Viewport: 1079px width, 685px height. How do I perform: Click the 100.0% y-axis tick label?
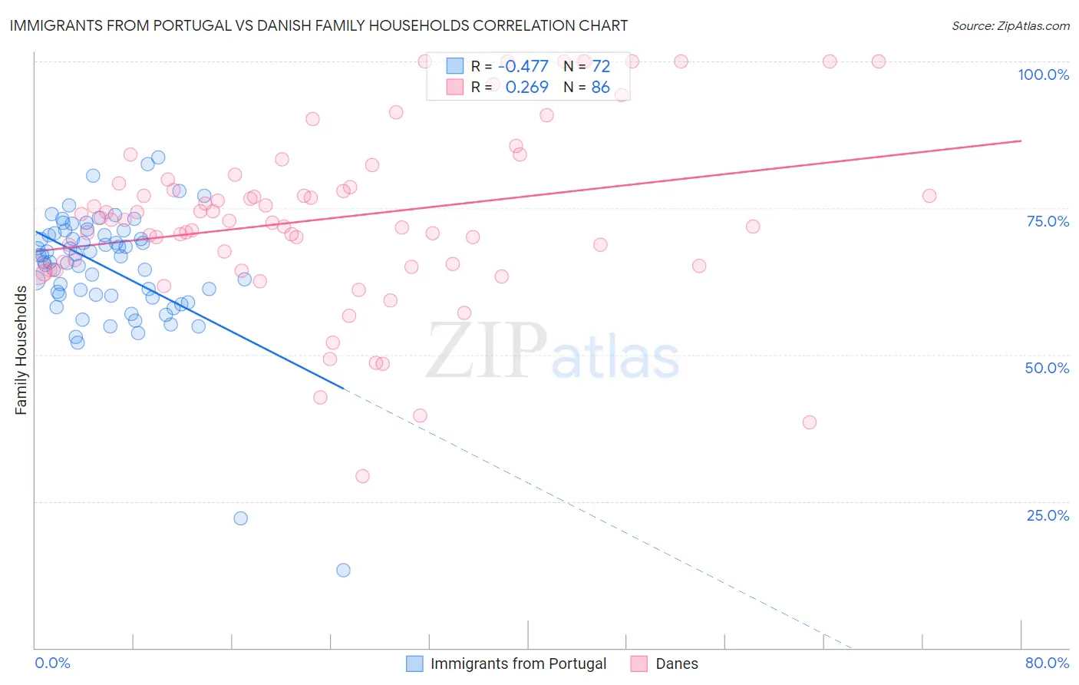pos(1043,74)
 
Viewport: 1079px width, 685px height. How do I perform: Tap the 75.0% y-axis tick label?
pos(1048,221)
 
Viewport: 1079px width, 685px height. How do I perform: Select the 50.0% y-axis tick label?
pos(1047,368)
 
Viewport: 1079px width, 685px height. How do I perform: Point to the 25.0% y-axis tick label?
pos(1048,515)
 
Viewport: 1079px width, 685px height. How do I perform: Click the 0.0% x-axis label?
pos(52,663)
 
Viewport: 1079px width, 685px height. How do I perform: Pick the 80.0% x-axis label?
pos(1047,663)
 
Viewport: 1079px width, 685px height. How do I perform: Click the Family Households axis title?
pos(21,350)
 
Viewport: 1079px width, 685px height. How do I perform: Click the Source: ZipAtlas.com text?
pos(1010,25)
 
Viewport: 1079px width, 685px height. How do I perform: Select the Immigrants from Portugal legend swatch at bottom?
pos(414,663)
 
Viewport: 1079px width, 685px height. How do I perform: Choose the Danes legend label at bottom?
pos(676,663)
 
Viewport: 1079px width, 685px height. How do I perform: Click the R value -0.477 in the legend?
pos(523,67)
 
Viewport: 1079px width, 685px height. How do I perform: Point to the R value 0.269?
pos(526,88)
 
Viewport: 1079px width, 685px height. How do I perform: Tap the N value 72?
pos(601,67)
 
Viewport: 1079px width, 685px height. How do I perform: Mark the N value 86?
pos(601,88)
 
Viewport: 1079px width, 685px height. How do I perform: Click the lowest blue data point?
pos(343,570)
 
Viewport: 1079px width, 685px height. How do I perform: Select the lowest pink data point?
pos(362,476)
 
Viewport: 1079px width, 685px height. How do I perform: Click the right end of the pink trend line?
pos(1021,141)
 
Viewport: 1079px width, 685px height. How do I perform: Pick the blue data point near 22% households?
pos(240,518)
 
